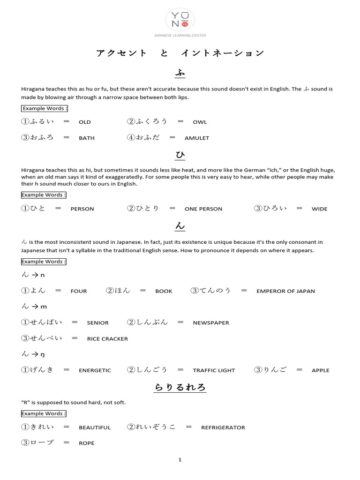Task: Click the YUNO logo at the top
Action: (x=180, y=21)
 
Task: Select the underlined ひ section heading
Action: (x=180, y=155)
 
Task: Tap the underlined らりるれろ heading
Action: (x=180, y=388)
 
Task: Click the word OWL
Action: (x=200, y=122)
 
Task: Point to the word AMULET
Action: (x=197, y=138)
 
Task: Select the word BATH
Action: (x=87, y=138)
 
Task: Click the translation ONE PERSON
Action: (x=203, y=209)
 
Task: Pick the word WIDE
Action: (x=320, y=209)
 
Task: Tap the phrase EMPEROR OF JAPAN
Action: (x=285, y=291)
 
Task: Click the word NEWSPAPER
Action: (x=211, y=323)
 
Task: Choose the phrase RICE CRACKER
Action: (x=107, y=339)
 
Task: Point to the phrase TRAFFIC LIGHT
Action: (x=214, y=370)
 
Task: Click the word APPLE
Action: (x=321, y=370)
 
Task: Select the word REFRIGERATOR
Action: (x=223, y=427)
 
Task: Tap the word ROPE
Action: (x=87, y=443)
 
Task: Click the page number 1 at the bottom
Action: (x=180, y=460)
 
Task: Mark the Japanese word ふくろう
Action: (x=151, y=121)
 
